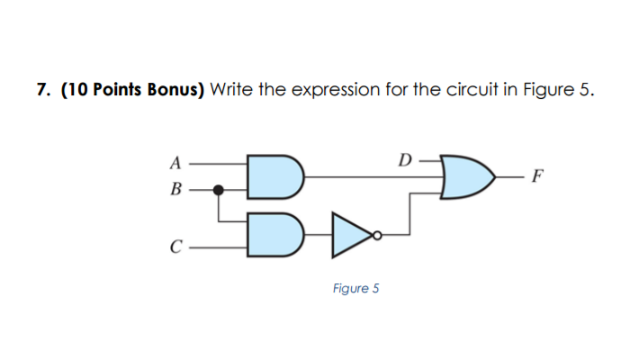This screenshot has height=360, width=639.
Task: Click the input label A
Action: click(x=176, y=163)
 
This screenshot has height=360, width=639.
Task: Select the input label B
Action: click(x=176, y=190)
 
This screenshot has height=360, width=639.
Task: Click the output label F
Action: click(x=536, y=175)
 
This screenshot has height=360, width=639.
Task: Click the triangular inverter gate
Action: click(x=350, y=232)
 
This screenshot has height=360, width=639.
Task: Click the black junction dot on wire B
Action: click(x=217, y=190)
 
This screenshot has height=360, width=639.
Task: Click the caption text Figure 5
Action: click(x=355, y=289)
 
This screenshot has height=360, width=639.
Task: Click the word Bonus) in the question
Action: click(x=176, y=90)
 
